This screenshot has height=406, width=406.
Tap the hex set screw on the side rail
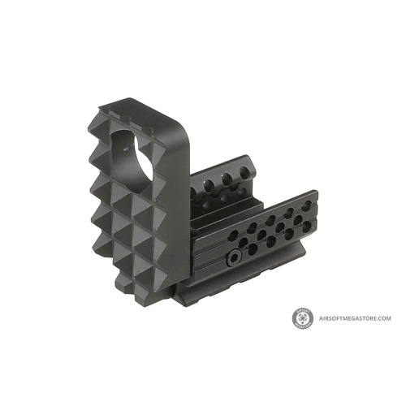[232, 256]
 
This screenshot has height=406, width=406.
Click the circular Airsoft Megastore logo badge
[303, 318]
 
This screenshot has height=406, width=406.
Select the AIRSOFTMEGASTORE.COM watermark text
[355, 318]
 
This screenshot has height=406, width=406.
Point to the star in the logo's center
[303, 318]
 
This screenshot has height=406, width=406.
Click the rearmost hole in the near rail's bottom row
[307, 226]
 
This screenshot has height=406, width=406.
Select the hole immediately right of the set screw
[253, 248]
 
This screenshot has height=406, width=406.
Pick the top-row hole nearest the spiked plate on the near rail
[234, 236]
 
